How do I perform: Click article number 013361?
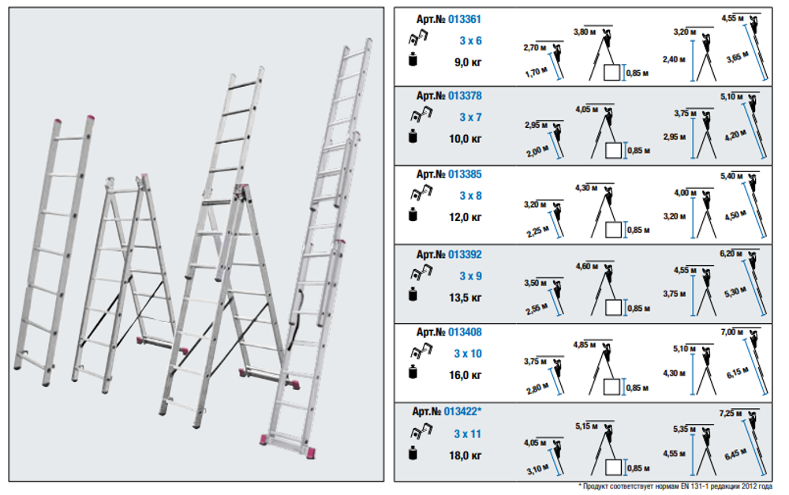point(465,19)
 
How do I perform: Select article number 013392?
point(465,254)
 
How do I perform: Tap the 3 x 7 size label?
point(470,117)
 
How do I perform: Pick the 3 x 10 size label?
point(468,354)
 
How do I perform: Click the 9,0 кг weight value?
point(468,62)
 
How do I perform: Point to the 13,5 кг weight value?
point(466,298)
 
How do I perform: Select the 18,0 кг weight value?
point(466,456)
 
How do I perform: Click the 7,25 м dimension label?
point(731,414)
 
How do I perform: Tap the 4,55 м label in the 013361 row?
point(733,18)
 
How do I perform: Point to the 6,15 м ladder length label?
point(737,373)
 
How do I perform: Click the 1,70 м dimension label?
point(536,73)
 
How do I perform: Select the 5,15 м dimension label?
point(587,426)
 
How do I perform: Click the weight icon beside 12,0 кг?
point(413,215)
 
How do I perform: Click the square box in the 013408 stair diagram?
point(611,387)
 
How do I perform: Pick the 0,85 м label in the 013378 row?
point(638,151)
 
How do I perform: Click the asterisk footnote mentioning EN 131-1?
point(675,486)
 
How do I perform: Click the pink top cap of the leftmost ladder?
point(58,122)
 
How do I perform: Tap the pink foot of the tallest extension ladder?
point(310,452)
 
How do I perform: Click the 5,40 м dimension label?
point(731,176)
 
